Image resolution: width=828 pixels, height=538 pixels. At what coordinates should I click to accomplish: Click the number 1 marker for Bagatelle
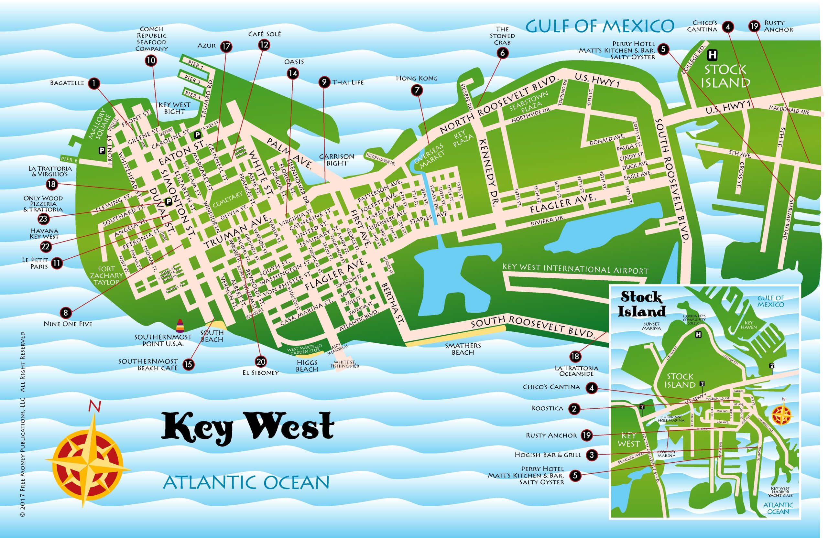94,83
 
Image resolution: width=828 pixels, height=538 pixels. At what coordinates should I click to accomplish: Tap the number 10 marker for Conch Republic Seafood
151,60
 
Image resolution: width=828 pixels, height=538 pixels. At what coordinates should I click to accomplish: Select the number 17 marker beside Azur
226,46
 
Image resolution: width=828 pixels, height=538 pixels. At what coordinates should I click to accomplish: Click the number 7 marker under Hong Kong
417,91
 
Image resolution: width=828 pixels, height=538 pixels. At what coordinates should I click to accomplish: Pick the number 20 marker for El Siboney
261,362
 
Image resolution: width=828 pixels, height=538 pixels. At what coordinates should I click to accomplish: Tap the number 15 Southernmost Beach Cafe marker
188,364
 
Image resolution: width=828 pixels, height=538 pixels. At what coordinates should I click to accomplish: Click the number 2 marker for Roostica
574,409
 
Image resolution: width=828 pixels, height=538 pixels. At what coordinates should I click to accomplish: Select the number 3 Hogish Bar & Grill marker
592,455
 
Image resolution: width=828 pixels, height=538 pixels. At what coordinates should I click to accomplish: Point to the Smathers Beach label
463,349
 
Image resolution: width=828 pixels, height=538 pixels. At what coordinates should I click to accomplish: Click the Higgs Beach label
307,366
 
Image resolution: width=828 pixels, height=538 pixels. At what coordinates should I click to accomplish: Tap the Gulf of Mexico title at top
599,26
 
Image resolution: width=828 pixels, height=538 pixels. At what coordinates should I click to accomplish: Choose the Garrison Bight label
336,160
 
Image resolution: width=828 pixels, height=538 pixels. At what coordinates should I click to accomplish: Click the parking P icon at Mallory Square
102,150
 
